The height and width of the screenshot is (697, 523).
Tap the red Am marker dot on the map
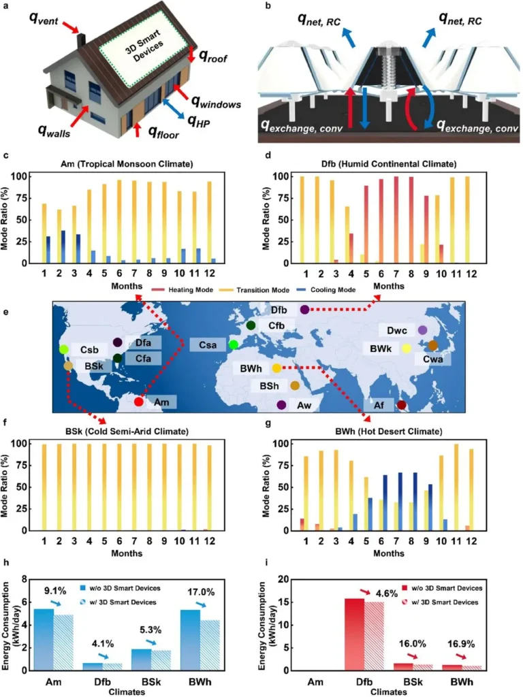(139, 402)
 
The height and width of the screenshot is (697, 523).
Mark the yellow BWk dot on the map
(407, 348)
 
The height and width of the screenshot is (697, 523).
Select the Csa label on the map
(208, 345)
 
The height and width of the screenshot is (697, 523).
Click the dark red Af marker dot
(402, 406)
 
